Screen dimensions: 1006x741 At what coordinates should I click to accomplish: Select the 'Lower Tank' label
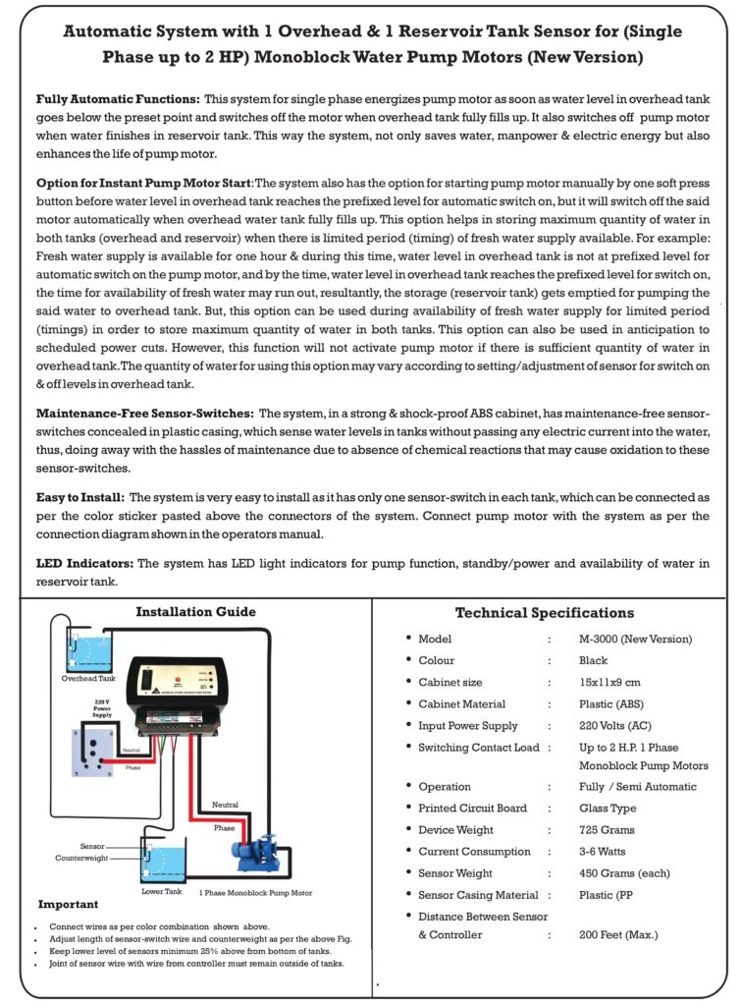162,892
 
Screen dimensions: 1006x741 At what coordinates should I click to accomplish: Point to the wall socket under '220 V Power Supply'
94,750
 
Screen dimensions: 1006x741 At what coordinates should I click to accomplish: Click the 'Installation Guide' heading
195,611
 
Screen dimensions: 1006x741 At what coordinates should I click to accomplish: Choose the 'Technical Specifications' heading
544,613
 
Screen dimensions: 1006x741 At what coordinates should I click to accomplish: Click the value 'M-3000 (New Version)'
635,639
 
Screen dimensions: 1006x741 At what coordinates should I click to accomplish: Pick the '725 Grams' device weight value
607,830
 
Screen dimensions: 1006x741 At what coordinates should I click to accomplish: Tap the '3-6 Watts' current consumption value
604,852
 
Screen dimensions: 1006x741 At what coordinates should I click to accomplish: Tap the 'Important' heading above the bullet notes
68,904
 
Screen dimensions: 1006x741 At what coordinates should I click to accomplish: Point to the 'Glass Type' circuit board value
608,809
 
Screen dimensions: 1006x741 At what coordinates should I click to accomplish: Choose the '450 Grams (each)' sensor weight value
624,873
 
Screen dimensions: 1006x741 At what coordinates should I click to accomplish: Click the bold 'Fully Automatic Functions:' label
118,100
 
